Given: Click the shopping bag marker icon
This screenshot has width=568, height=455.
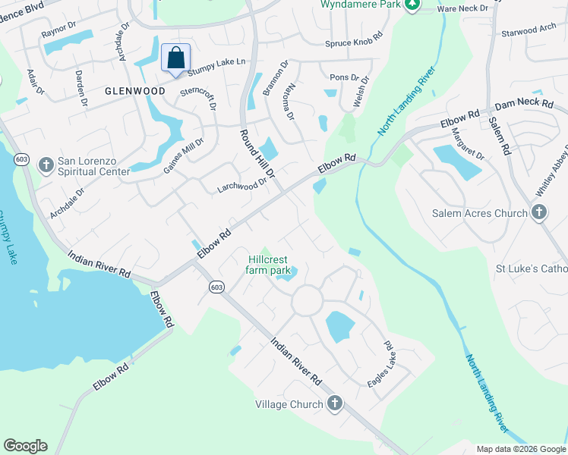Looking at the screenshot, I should point(175,58).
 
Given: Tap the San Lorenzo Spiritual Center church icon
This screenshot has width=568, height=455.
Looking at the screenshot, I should point(46,165).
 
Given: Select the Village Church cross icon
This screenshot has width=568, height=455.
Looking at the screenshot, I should point(334,403).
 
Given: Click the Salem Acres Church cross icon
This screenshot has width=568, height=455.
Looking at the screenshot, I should point(539,212).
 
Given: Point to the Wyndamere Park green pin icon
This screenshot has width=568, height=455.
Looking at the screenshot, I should point(412,5).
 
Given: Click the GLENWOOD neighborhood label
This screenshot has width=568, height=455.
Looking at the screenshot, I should point(135,91).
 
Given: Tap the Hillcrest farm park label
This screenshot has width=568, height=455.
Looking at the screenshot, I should point(269,265).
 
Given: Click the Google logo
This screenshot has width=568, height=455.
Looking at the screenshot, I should point(25,446).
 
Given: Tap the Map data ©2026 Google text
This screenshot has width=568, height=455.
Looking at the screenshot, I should point(521,449).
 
